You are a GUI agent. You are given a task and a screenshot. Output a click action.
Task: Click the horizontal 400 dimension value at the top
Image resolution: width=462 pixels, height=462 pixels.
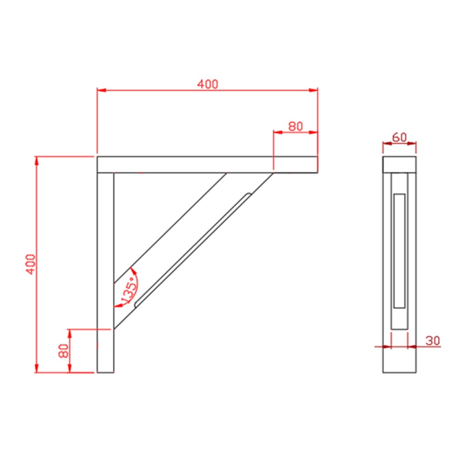tap(208, 84)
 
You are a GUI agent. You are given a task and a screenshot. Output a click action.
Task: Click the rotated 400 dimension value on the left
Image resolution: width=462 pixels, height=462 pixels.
tap(31, 264)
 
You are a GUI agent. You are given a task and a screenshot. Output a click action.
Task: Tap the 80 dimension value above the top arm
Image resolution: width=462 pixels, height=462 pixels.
tap(295, 126)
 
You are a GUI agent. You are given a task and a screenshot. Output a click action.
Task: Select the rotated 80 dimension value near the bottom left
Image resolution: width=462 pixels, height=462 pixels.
tap(64, 351)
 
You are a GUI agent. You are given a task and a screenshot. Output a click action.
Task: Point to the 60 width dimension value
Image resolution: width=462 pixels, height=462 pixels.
tap(399, 137)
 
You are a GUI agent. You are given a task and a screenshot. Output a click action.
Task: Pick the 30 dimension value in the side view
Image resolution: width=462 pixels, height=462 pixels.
tap(433, 341)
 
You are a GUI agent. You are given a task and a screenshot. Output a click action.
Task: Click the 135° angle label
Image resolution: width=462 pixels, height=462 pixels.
tap(129, 290)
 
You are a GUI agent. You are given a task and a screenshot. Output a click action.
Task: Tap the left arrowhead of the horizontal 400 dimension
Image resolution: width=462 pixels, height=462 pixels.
tap(101, 90)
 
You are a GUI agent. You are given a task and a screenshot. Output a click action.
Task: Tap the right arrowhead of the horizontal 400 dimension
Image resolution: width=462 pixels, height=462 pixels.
tap(314, 90)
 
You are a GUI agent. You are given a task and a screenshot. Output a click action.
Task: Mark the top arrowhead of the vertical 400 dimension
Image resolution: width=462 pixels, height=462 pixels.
tap(37, 161)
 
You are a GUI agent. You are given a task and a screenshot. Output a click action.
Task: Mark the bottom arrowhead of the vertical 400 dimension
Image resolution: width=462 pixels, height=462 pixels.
tap(37, 368)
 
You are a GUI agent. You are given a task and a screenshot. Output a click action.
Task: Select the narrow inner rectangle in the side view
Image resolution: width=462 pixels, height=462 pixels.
tap(399, 251)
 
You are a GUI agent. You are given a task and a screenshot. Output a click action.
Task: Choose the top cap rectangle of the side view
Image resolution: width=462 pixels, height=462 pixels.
tap(399, 164)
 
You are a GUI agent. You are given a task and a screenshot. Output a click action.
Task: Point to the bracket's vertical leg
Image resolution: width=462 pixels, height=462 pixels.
tap(105, 269)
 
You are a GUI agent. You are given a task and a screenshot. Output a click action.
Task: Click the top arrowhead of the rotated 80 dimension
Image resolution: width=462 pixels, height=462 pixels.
tap(70, 333)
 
